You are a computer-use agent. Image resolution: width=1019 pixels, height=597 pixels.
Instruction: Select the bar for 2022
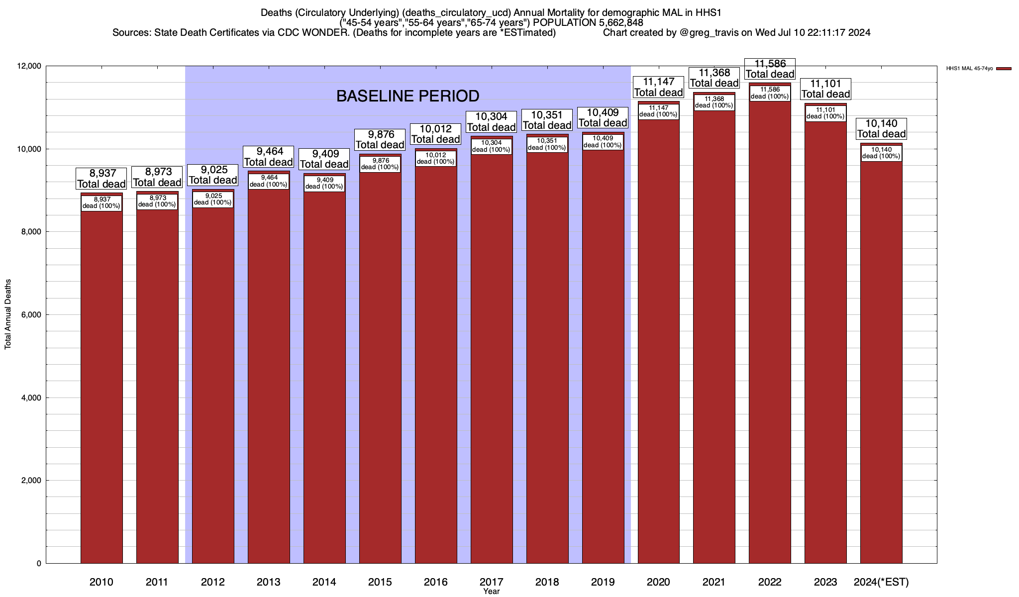tap(770, 338)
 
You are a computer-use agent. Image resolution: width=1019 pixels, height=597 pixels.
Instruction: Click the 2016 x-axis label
tap(435, 582)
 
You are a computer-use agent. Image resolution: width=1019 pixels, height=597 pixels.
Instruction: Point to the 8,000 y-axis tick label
tap(31, 232)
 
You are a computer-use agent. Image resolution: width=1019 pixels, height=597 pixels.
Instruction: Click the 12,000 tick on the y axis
tap(29, 66)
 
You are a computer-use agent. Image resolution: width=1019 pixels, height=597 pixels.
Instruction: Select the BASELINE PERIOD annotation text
tap(408, 96)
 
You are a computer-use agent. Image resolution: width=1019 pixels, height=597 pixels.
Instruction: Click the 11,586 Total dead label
tap(770, 69)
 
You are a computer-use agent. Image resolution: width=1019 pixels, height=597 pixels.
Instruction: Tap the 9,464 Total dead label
tap(268, 157)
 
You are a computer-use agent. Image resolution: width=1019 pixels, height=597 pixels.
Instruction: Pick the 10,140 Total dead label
tap(881, 128)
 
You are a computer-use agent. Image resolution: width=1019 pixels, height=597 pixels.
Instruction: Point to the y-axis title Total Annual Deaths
tap(8, 314)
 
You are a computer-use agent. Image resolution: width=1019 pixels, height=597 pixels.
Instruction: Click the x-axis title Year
tap(491, 592)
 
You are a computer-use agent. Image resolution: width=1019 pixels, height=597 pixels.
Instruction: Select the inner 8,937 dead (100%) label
tap(102, 202)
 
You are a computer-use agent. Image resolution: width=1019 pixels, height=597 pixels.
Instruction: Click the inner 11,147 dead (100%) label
tap(658, 111)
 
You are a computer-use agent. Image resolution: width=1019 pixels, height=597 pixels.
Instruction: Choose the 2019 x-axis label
tap(603, 582)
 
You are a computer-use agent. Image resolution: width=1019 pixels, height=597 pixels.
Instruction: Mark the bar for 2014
tap(324, 378)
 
